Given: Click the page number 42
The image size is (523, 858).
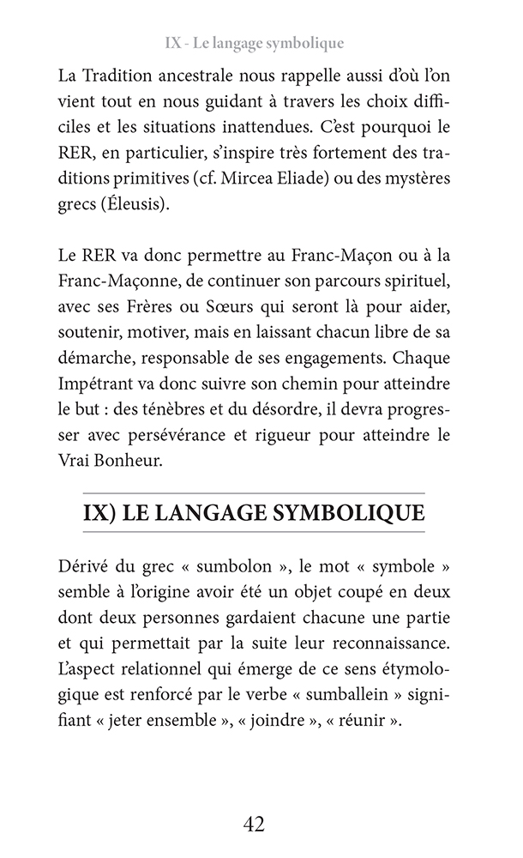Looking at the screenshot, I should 254,825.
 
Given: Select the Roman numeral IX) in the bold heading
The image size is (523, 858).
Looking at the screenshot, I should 99,512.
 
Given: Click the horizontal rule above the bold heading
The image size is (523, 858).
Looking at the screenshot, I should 254,493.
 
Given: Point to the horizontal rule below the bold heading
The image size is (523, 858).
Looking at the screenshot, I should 254,534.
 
